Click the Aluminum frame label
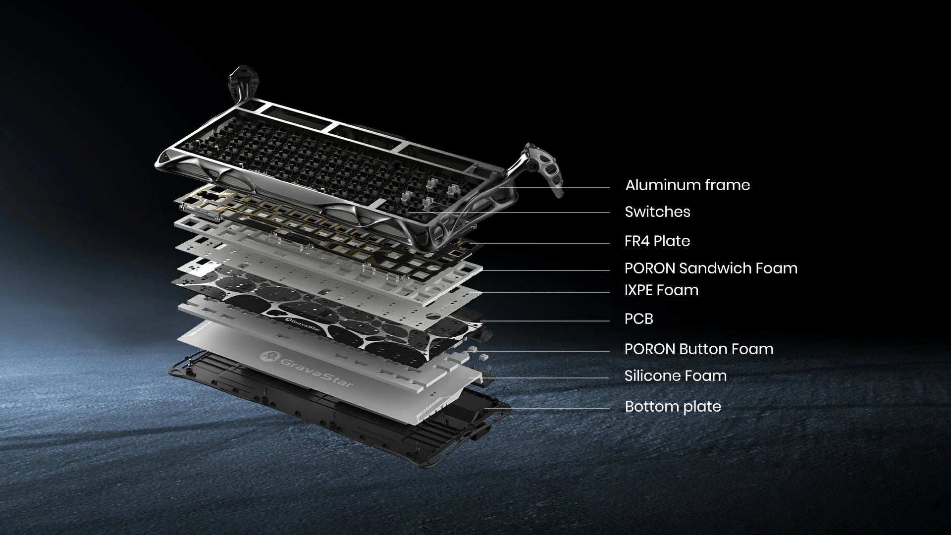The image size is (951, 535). [687, 185]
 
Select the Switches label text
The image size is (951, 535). [657, 212]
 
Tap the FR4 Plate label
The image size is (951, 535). [657, 241]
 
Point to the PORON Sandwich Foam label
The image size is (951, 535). [711, 268]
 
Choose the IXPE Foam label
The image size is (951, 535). [661, 290]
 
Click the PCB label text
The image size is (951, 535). [639, 319]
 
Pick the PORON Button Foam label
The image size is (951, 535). [699, 349]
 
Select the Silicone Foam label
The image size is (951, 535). [676, 376]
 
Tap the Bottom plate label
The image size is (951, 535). [673, 407]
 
